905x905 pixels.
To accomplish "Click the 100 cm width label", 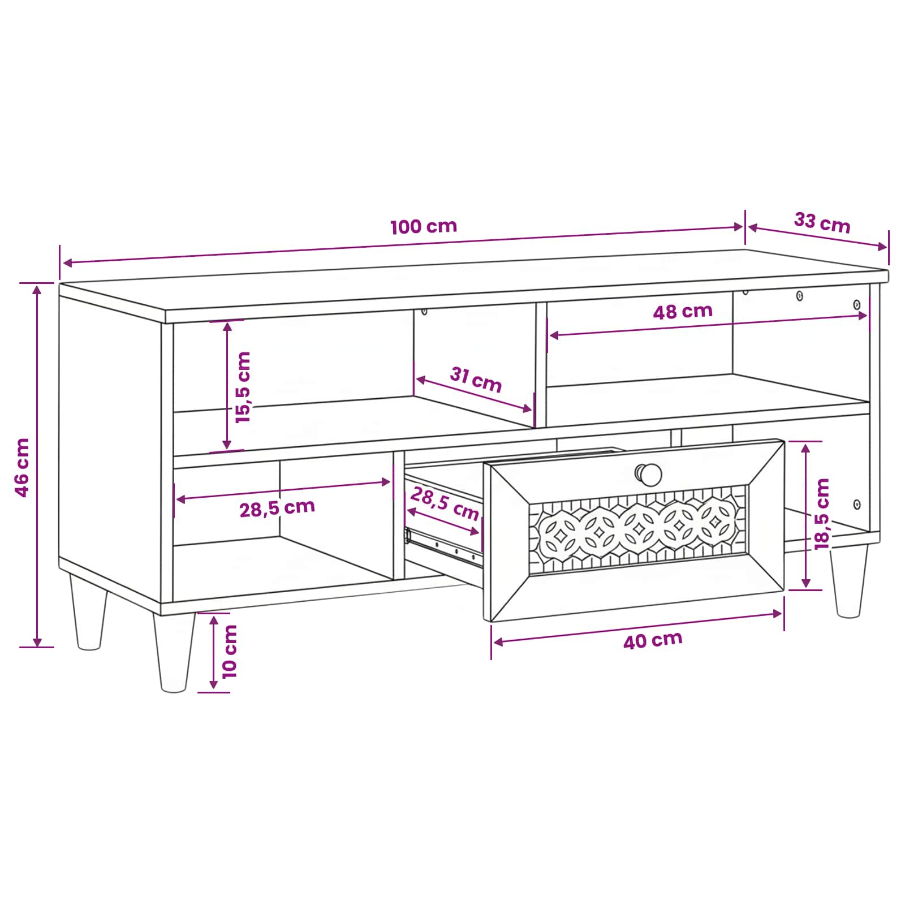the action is [x=424, y=226].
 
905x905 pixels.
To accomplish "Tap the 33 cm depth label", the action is [x=822, y=222].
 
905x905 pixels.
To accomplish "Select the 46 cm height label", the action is [x=22, y=467].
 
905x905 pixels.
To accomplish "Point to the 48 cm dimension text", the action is [x=683, y=311].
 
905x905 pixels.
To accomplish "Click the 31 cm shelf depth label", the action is [x=476, y=380].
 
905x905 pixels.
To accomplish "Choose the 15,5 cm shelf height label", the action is [x=243, y=387].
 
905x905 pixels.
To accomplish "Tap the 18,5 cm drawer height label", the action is [x=821, y=514].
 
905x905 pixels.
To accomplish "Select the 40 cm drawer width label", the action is [x=653, y=640].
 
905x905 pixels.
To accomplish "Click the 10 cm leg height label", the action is [x=229, y=651].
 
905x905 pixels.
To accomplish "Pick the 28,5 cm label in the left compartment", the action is [x=277, y=508].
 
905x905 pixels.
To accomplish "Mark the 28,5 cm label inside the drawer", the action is [x=445, y=503].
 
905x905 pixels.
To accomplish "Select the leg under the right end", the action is [x=848, y=581].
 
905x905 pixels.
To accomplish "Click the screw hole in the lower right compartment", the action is [x=856, y=504].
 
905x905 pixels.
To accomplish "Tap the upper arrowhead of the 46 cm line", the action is [x=37, y=290].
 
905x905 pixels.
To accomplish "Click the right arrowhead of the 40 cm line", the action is [x=778, y=614].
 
